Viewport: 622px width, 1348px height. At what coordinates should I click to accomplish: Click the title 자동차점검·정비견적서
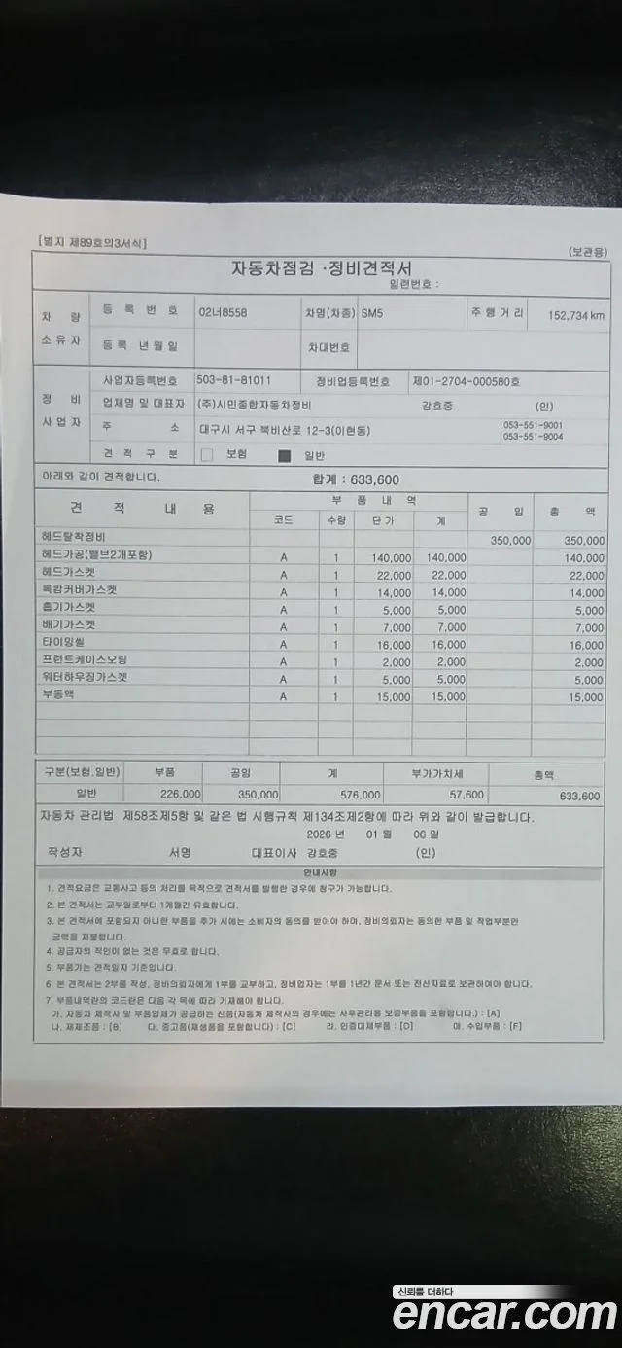pos(322,267)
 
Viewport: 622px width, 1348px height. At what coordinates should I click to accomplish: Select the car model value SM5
pos(372,314)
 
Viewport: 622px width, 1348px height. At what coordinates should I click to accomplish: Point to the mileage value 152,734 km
pos(576,315)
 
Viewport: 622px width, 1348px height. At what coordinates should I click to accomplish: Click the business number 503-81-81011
pos(233,380)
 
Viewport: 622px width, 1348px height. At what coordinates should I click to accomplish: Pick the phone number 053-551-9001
pos(533,425)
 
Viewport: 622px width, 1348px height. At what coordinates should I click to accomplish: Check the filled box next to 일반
pos(285,454)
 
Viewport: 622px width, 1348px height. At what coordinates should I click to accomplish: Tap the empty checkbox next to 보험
pos(207,454)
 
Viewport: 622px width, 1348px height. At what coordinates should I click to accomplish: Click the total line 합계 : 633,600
pos(356,479)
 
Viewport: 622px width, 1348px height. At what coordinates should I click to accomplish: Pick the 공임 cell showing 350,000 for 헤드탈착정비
pos(510,541)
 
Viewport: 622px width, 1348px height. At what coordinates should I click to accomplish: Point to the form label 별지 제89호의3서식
pos(92,243)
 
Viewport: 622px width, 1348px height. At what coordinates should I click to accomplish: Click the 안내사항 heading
pos(318,873)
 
